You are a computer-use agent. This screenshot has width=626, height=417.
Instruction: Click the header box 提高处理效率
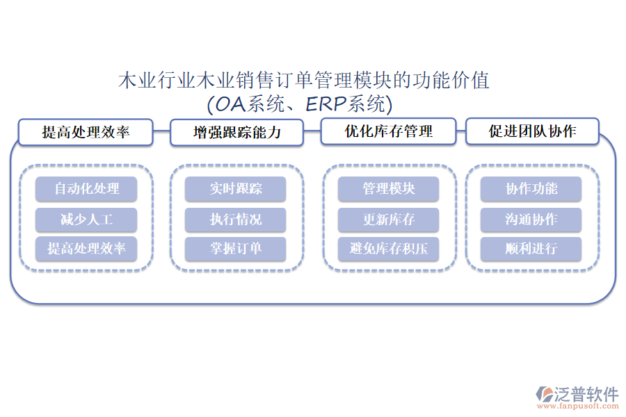86,132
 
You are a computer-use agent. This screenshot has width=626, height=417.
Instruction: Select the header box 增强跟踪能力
237,132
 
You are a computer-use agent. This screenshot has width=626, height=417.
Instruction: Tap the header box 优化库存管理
388,131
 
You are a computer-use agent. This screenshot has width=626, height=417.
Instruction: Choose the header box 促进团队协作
532,131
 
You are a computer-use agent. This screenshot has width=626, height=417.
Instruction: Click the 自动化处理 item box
86,189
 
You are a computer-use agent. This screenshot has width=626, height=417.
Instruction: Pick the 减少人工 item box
86,220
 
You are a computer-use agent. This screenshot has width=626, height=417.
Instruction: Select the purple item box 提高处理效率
86,249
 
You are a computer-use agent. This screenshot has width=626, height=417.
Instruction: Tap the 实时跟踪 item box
236,189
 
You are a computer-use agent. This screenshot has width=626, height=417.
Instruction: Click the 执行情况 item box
236,220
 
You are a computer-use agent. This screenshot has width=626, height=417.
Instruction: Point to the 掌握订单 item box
236,249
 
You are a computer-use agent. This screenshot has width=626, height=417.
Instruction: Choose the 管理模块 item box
388,189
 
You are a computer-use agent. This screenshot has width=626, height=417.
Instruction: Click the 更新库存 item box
388,220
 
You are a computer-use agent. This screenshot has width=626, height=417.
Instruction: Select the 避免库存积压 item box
388,249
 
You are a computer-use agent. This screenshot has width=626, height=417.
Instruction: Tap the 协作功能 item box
531,189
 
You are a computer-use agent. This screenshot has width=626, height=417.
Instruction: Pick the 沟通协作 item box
531,220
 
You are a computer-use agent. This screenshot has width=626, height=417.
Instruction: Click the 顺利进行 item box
531,249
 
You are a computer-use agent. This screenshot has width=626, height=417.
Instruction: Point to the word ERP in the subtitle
325,105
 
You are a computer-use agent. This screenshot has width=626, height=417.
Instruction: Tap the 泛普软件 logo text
586,394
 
